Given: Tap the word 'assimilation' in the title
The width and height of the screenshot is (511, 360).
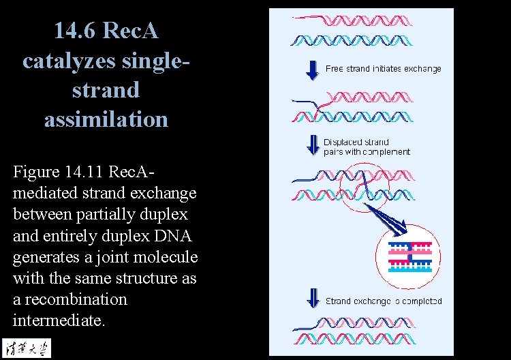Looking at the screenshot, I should point(106,119).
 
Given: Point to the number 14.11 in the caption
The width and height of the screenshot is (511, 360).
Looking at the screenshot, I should point(89,171).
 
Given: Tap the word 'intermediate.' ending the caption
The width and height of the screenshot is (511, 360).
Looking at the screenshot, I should point(59,320).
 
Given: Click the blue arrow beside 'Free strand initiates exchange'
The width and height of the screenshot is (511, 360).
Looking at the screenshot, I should point(313,69).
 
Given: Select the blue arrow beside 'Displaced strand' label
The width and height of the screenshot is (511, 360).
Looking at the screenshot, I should point(313,145).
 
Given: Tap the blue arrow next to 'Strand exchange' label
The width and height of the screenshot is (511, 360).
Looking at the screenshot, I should point(313,298).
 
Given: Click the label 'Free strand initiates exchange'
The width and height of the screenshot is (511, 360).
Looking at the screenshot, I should point(383,69).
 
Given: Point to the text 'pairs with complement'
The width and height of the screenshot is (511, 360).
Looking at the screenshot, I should point(367,152).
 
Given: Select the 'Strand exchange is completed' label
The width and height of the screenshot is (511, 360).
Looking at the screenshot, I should point(383,301).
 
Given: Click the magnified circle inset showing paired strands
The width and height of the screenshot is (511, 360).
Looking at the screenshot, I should point(409,254).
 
